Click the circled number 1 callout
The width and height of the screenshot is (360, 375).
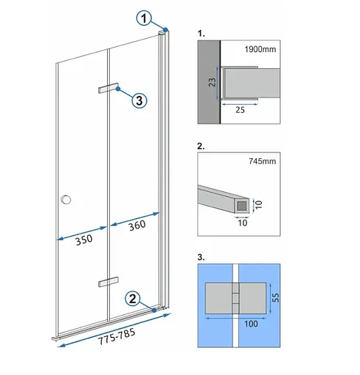point(144,18)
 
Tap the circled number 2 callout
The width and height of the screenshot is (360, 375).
point(133,298)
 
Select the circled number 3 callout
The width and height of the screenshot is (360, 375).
point(139,100)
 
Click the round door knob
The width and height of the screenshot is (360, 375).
point(66,199)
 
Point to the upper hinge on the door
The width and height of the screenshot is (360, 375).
point(109,88)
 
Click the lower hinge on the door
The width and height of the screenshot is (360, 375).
point(109,282)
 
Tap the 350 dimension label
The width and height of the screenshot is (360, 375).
point(84,240)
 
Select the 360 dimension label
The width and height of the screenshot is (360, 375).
point(137,225)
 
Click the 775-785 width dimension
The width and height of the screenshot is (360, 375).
point(117,336)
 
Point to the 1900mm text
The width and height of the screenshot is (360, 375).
point(260,49)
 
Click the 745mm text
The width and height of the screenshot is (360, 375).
point(262,161)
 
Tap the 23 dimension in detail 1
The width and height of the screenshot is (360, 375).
point(213,82)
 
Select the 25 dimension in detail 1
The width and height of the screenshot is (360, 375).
point(240,110)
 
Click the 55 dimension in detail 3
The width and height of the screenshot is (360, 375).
point(276,297)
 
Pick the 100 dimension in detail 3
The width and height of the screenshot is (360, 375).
point(251,324)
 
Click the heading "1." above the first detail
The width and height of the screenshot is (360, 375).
point(201,34)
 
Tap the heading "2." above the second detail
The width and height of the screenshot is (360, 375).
point(201,146)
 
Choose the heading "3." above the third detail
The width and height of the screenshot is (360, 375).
point(201,257)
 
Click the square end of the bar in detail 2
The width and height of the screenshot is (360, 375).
point(242,206)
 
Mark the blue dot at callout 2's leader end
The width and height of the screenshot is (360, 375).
point(154,311)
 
